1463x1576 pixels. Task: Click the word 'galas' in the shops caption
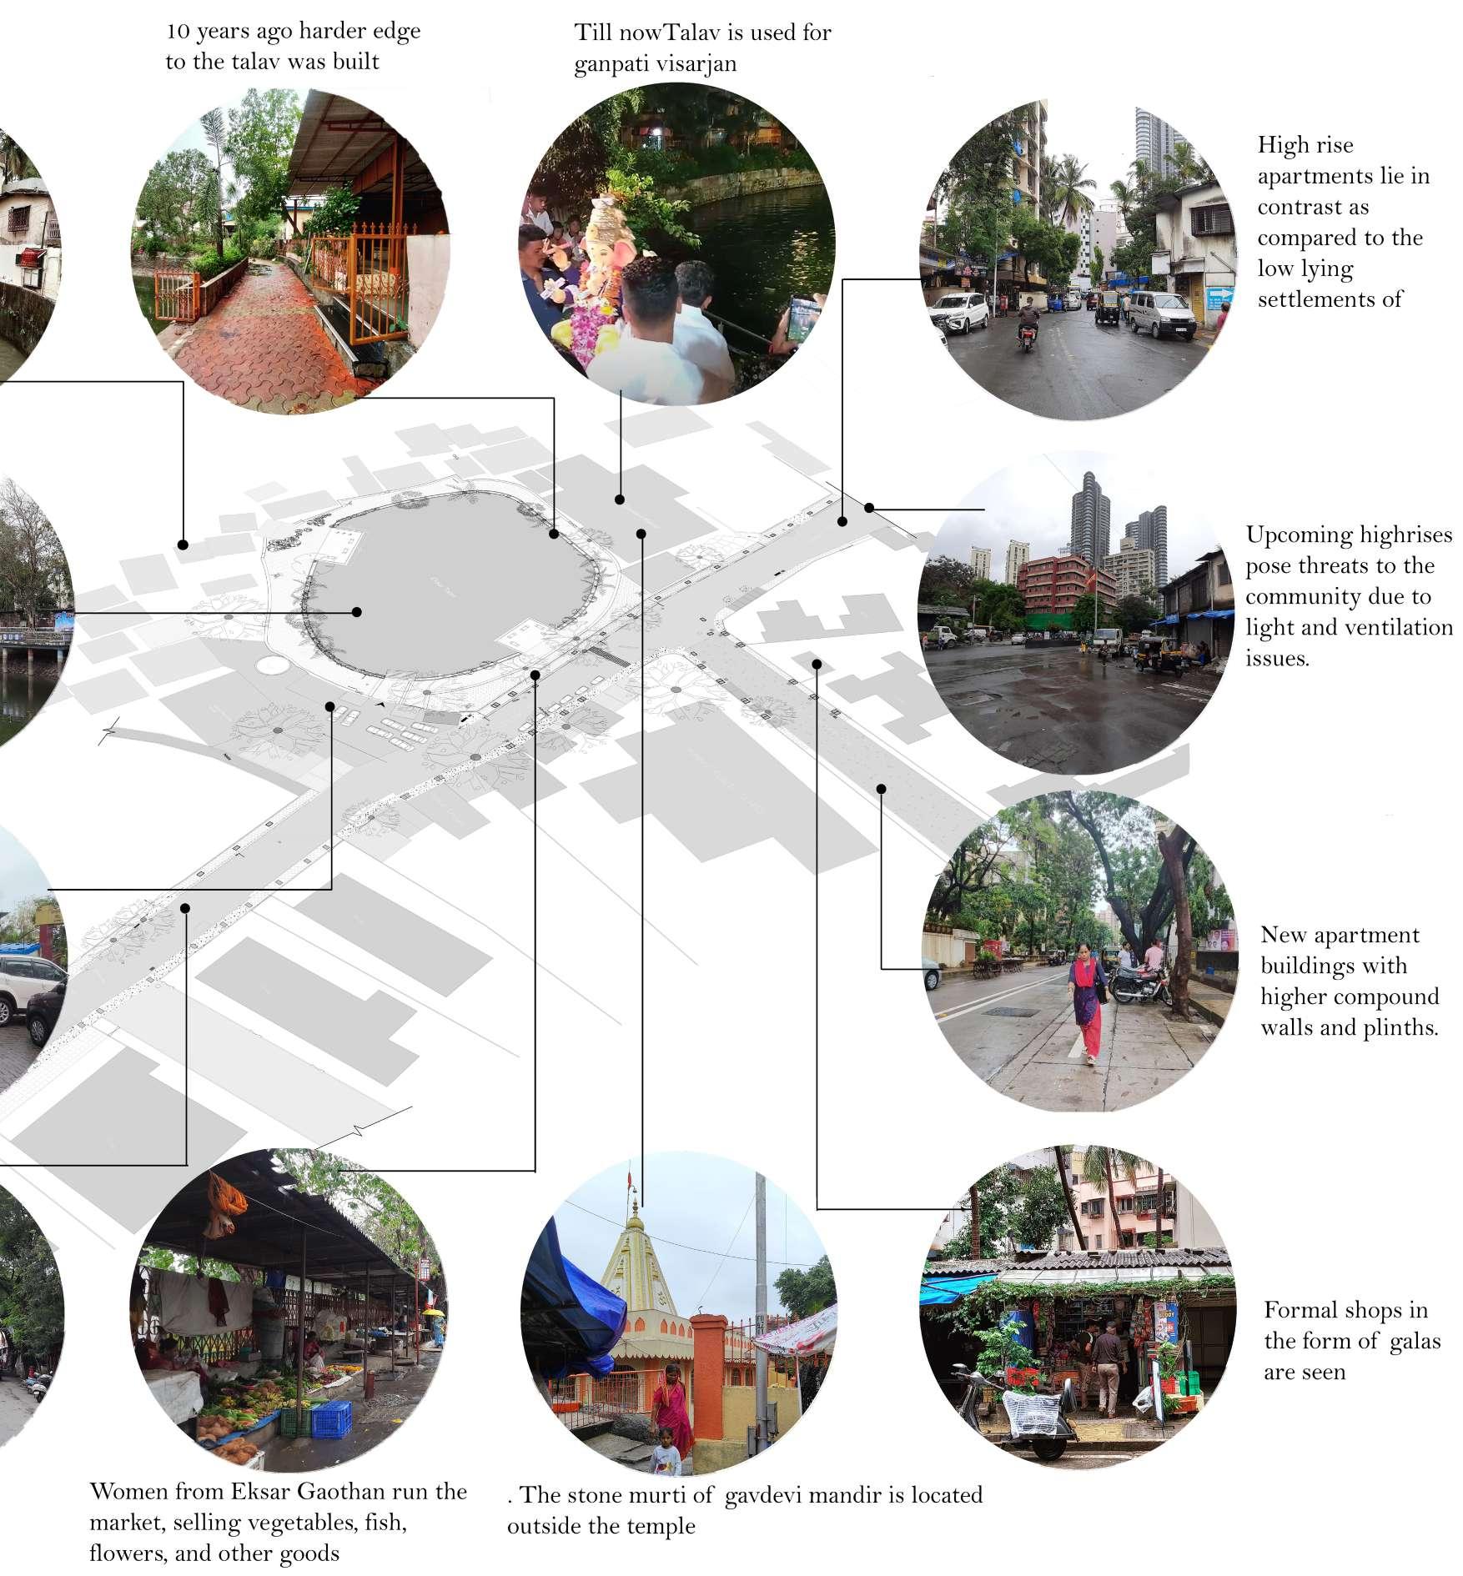point(1410,1341)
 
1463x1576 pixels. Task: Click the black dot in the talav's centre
point(357,612)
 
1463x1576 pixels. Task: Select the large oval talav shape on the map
point(450,584)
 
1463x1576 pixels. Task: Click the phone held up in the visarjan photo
point(802,317)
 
